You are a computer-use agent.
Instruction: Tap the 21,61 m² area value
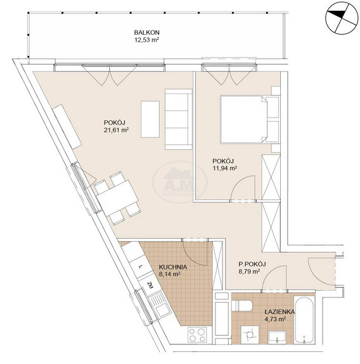(117, 130)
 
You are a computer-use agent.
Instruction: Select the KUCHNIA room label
(173, 267)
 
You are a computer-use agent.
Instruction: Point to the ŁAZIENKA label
(280, 311)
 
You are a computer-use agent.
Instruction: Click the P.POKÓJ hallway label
(252, 264)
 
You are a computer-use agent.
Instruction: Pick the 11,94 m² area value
(225, 168)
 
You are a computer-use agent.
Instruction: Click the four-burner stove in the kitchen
(197, 334)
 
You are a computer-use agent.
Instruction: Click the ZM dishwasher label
(150, 285)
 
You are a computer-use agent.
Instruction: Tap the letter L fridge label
(140, 267)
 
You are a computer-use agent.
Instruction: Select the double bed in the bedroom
(250, 119)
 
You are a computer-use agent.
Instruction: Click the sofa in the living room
(179, 119)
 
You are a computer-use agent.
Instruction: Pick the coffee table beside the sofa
(150, 119)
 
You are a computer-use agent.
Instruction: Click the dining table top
(118, 198)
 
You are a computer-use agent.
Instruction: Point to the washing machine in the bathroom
(250, 335)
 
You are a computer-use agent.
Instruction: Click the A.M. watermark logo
(180, 182)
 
